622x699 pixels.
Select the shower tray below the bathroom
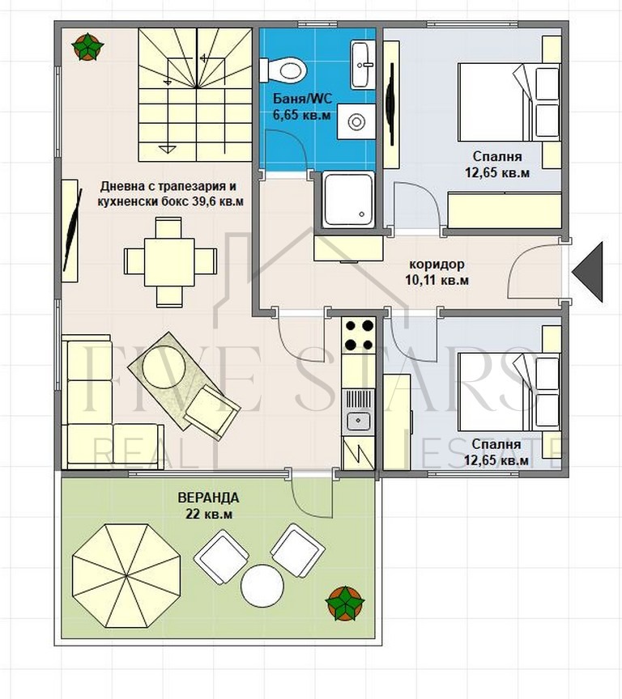348,199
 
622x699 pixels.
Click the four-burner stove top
358,335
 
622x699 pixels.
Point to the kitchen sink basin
358,420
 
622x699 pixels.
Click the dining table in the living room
169,261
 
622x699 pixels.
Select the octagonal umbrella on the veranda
126,576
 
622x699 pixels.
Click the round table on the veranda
262,585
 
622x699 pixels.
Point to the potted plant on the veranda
344,604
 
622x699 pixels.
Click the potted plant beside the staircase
87,47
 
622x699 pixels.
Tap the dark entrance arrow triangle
588,272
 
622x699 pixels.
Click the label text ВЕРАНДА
208,498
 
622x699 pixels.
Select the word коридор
437,265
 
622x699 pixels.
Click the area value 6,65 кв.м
301,115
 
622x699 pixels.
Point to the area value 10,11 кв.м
437,281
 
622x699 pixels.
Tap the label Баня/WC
302,99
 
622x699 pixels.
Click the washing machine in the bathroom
356,122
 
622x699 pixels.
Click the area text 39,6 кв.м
218,201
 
